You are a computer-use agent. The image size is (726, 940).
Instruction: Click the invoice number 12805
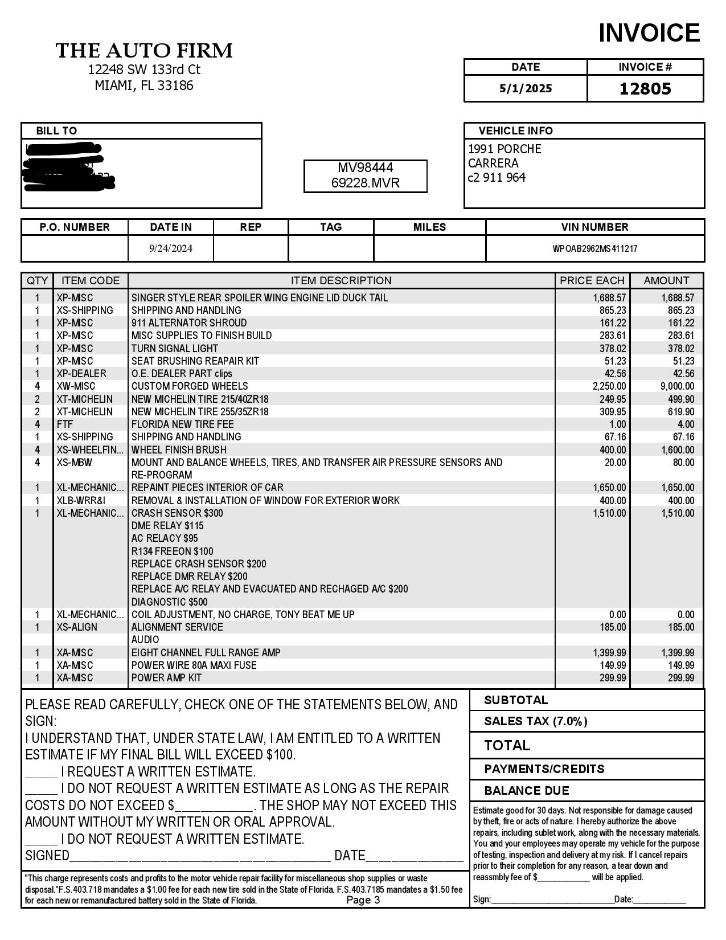coord(645,89)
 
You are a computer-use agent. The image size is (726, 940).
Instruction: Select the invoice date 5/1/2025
coord(526,88)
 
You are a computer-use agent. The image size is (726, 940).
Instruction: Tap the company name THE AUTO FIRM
coord(145,51)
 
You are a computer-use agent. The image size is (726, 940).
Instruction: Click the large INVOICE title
coord(649,33)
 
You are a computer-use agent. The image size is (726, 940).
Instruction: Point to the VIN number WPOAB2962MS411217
coord(595,248)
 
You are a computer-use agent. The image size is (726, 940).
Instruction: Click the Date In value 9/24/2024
coord(171,248)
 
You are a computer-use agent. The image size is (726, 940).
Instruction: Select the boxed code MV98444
coord(366,167)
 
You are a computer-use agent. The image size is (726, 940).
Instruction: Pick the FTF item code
coord(65,424)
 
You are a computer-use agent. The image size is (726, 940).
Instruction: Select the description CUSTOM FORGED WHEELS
coord(190,386)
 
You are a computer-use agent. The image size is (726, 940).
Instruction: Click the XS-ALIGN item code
coord(77,627)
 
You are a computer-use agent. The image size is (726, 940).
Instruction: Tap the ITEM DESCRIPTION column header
coord(341,281)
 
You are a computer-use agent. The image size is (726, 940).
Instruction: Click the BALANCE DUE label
coord(527,791)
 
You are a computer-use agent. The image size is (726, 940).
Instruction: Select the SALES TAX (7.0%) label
coord(536,721)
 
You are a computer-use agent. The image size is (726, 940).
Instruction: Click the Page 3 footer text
coord(363,900)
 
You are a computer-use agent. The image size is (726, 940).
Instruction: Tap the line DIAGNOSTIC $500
coord(169,602)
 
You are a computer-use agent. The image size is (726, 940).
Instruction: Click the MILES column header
coord(429,227)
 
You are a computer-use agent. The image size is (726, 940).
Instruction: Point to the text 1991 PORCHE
coord(504,149)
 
